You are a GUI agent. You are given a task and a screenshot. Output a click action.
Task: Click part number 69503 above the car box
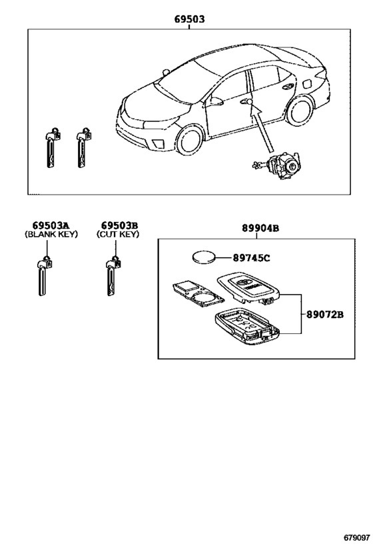pyautogui.click(x=189, y=19)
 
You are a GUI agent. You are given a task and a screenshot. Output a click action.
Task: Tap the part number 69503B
pyautogui.click(x=119, y=225)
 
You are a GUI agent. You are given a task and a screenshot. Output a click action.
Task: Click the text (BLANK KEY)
pyautogui.click(x=51, y=234)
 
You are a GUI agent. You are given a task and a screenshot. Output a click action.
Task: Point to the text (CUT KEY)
pyautogui.click(x=118, y=234)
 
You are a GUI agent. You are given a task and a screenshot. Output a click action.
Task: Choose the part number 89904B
pyautogui.click(x=260, y=229)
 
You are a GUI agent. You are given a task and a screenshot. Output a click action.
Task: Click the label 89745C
pyautogui.click(x=252, y=258)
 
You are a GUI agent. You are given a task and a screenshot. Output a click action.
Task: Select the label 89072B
pyautogui.click(x=325, y=315)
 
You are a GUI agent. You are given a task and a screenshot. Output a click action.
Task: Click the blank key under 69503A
pyautogui.click(x=43, y=276)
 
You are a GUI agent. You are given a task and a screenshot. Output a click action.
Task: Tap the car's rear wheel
pyautogui.click(x=300, y=111)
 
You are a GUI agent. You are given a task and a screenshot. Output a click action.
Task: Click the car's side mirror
pyautogui.click(x=216, y=101)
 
